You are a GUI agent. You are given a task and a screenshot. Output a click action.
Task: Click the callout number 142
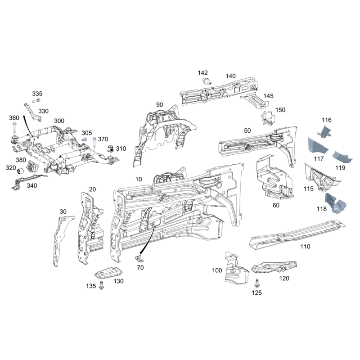point(203,73)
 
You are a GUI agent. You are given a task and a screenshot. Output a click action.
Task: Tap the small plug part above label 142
point(208,81)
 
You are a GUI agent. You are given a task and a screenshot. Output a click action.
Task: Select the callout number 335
point(37,94)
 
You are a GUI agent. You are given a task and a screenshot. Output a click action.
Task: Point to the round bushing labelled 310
point(109,149)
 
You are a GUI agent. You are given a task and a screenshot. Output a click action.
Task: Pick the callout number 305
point(87,133)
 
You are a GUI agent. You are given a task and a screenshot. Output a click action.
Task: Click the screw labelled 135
point(100,285)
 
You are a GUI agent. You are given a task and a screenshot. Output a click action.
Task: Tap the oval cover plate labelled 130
point(108,273)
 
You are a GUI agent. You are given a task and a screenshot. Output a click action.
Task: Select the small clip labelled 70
point(139,258)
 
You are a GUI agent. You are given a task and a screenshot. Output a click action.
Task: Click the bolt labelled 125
point(257,284)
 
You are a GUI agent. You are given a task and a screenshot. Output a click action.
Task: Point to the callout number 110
point(305,247)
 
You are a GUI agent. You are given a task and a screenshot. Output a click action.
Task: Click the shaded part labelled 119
point(343,158)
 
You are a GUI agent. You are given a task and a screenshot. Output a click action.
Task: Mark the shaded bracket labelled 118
point(334,203)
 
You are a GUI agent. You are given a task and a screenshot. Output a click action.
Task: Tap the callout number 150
point(280,110)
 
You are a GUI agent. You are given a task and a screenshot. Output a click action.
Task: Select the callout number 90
point(160,105)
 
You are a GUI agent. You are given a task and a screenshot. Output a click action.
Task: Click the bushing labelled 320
point(20,171)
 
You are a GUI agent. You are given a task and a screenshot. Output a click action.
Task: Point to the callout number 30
point(63,211)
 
